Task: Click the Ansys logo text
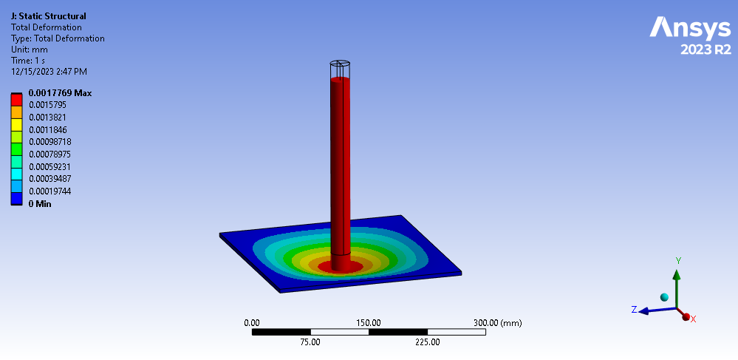tap(690, 29)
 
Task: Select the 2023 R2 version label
tap(705, 50)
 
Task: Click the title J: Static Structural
tap(48, 16)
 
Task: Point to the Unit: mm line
tap(29, 50)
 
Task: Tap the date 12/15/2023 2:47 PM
tap(49, 72)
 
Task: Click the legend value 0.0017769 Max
tap(60, 93)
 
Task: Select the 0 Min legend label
tap(40, 203)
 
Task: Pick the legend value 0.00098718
tap(50, 141)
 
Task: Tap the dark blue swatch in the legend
tap(16, 197)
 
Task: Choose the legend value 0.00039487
tap(50, 178)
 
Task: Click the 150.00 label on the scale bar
tap(369, 323)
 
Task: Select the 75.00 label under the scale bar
tap(310, 342)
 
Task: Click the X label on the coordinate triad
tap(693, 319)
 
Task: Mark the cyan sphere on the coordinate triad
tap(664, 297)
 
